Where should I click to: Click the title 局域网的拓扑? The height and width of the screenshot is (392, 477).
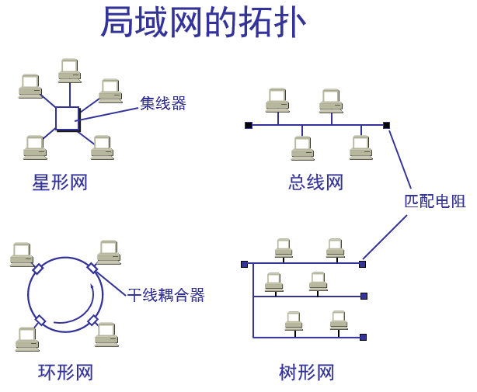coord(204,23)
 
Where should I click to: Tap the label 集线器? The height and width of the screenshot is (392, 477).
coord(163,103)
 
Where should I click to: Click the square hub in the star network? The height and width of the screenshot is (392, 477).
coord(67,119)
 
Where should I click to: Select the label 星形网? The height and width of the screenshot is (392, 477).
coord(60,182)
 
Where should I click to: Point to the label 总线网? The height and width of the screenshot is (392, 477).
coord(315,182)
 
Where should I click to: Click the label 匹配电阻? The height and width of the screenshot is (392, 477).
coord(434,201)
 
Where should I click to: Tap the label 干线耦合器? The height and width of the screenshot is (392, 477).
coord(166,295)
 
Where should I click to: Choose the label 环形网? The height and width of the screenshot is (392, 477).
coord(66,373)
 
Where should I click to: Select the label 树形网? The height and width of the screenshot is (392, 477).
coord(306,373)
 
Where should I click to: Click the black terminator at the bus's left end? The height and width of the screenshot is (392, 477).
coord(249,125)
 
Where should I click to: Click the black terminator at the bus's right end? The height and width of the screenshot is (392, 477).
coord(386,125)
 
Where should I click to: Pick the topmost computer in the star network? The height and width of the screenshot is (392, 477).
coord(70,71)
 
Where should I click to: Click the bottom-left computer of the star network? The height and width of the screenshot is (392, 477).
coord(35,147)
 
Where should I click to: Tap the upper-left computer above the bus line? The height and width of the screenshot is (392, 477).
coord(277,100)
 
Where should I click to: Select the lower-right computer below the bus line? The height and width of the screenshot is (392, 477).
coord(360,147)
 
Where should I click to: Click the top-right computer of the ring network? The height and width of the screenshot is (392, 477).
coord(109,252)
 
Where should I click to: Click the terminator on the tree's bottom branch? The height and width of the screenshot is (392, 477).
coord(363,337)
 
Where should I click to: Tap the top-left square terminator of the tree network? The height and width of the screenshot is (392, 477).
coord(244,264)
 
